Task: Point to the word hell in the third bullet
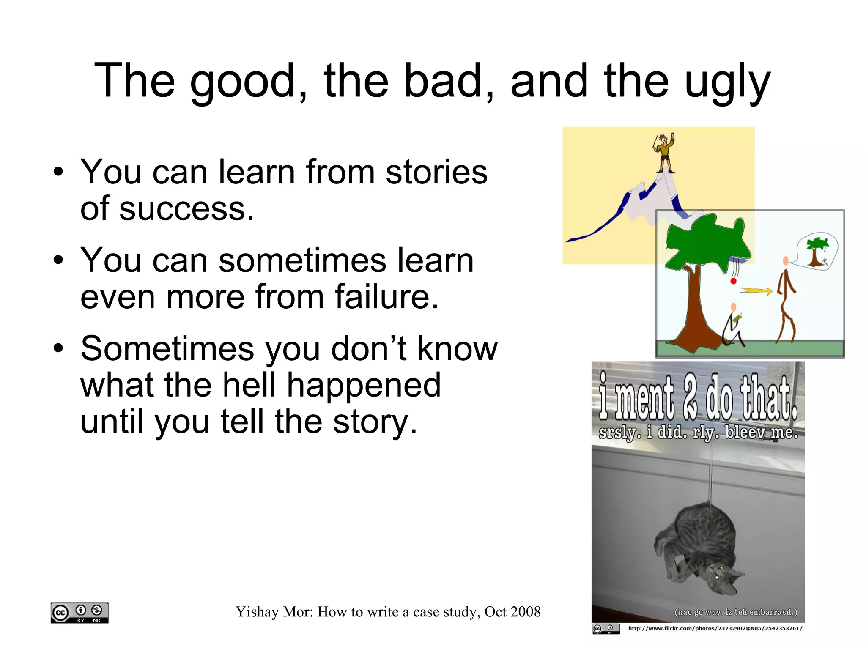pyautogui.click(x=249, y=385)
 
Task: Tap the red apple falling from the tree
pyautogui.click(x=734, y=281)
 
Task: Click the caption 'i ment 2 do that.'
pyautogui.click(x=698, y=397)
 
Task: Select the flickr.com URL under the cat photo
pyautogui.click(x=715, y=628)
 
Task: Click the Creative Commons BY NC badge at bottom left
pyautogui.click(x=79, y=613)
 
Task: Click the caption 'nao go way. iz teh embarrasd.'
pyautogui.click(x=735, y=612)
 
